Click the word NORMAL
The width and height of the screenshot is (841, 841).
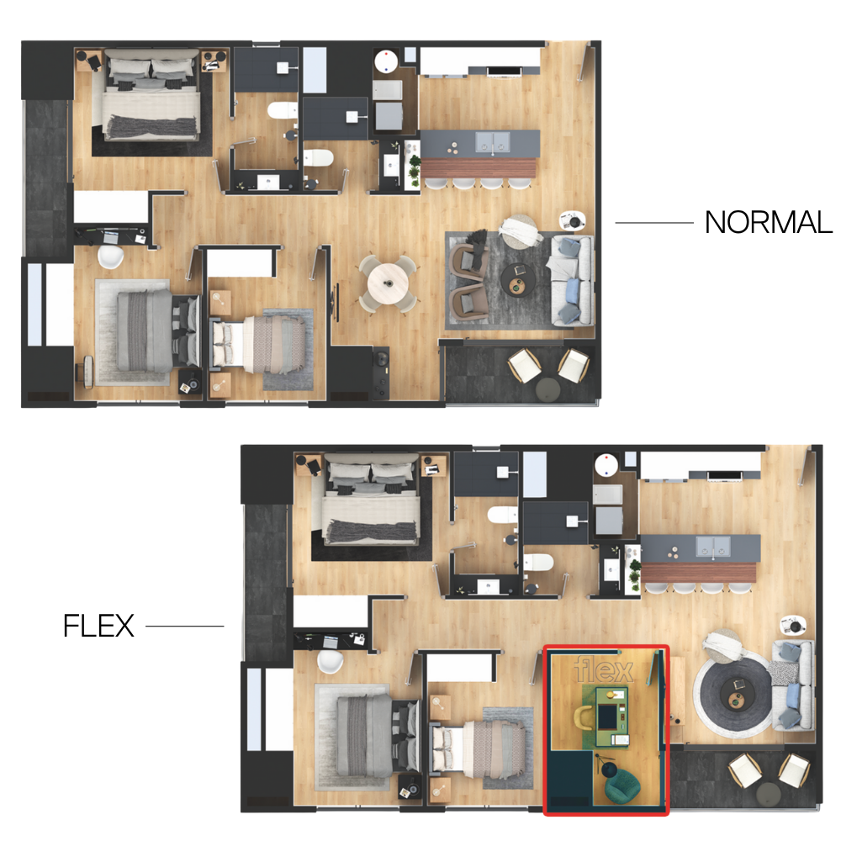pyautogui.click(x=768, y=222)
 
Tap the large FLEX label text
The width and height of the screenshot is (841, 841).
pyautogui.click(x=98, y=626)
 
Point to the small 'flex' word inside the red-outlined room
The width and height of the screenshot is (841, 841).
pyautogui.click(x=604, y=670)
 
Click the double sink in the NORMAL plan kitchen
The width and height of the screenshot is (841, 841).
pyautogui.click(x=493, y=141)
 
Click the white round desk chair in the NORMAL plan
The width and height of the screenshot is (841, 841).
pyautogui.click(x=110, y=257)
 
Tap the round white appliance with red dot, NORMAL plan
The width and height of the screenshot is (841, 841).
pyautogui.click(x=385, y=61)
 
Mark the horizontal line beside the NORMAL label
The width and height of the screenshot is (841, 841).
pyautogui.click(x=653, y=223)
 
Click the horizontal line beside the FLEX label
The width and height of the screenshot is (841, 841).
pyautogui.click(x=184, y=626)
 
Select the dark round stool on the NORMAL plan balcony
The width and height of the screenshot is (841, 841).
pyautogui.click(x=547, y=389)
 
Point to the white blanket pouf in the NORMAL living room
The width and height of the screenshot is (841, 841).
pyautogui.click(x=519, y=231)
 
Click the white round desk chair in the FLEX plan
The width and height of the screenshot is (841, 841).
pyautogui.click(x=331, y=661)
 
